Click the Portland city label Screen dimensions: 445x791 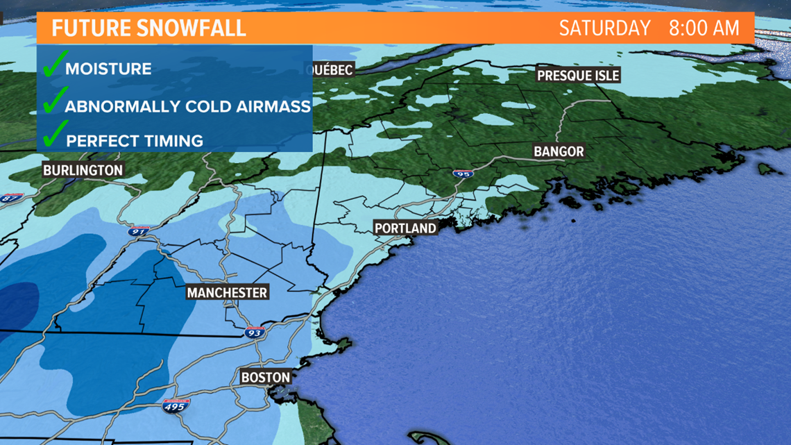point(405,228)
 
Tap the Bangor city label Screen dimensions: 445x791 point(559,151)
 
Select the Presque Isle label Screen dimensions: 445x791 point(578,75)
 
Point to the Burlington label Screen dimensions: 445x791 point(83,170)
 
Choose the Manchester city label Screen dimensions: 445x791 point(227,292)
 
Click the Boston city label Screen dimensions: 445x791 point(265,378)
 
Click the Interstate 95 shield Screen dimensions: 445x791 point(462,174)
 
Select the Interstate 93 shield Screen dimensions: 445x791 point(255,333)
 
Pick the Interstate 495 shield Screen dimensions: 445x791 point(174,406)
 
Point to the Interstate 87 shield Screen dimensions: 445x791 point(12,199)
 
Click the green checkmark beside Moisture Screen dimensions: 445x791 point(53,67)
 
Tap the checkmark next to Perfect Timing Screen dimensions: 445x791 point(54,135)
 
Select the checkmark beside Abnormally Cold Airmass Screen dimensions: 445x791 point(54,102)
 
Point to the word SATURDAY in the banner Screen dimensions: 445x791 point(604,28)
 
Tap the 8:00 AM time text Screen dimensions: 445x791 point(704,28)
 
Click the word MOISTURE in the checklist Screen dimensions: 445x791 point(108,69)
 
